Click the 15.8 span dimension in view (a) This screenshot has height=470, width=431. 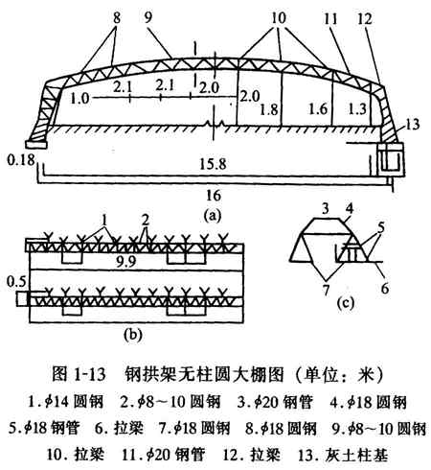213,164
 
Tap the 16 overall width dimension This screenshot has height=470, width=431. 214,195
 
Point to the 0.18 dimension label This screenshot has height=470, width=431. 21,159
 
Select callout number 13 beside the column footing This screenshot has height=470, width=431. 412,124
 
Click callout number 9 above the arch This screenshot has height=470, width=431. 147,18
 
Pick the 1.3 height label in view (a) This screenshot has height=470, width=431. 357,109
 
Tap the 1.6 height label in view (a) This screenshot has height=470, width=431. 318,109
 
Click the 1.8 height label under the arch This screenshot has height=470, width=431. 269,109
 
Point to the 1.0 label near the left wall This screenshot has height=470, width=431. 79,98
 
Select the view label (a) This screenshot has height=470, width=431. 212,216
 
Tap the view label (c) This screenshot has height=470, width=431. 346,302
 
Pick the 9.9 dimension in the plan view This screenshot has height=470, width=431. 126,262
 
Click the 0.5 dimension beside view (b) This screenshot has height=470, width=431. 17,282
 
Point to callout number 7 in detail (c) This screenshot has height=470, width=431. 326,290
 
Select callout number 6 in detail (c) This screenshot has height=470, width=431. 385,289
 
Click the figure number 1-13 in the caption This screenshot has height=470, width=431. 90,374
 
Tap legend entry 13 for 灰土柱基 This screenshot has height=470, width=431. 343,456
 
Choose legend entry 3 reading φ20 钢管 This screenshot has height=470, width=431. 274,402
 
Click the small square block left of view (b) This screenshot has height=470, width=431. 22,299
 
